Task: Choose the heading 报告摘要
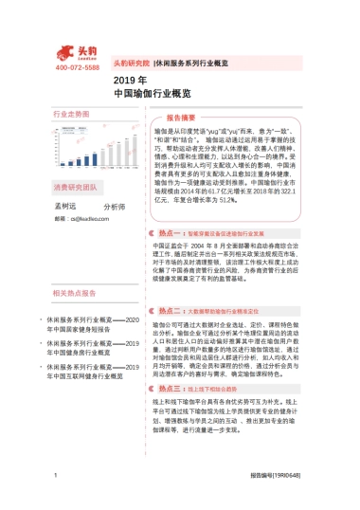click(x=181, y=118)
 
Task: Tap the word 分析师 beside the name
click(x=114, y=206)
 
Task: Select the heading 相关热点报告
click(x=74, y=294)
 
